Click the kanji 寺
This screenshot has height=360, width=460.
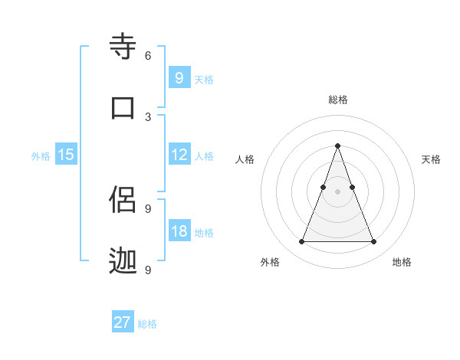click(123, 47)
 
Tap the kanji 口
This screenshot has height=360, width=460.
click(123, 107)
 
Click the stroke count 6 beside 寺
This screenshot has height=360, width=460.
click(148, 56)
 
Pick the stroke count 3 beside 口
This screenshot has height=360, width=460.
click(148, 116)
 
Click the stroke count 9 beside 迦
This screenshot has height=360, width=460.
click(148, 270)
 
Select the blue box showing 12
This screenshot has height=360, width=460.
click(179, 155)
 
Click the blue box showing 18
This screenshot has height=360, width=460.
click(179, 231)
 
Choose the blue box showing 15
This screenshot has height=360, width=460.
click(66, 155)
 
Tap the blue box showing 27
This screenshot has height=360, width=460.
click(123, 322)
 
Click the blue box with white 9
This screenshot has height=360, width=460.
click(179, 78)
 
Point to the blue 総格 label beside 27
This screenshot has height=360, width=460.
click(147, 324)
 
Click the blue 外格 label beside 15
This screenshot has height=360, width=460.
click(41, 156)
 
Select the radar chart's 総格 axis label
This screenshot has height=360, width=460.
click(337, 100)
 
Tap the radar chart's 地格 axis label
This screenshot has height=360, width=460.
click(402, 262)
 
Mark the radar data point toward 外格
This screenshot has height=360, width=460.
click(301, 242)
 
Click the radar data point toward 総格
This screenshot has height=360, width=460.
click(337, 145)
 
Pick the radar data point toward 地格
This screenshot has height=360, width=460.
click(373, 242)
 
